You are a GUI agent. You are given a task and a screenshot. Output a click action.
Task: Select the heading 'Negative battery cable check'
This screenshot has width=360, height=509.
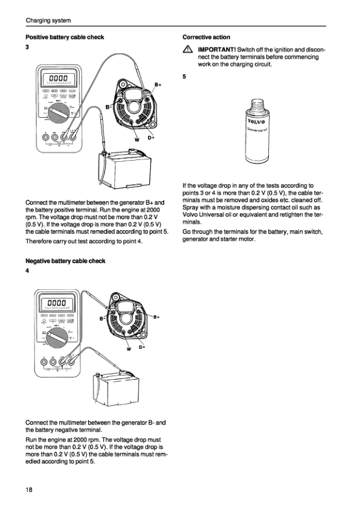coord(65,261)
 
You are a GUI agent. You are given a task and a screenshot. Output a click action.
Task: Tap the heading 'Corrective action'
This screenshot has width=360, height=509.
coord(206,37)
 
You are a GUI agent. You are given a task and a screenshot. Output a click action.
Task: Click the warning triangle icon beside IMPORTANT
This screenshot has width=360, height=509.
coord(188,49)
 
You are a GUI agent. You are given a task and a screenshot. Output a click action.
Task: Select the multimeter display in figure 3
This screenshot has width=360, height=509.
coord(58,78)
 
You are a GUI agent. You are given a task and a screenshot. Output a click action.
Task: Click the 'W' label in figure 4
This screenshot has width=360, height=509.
coord(129,350)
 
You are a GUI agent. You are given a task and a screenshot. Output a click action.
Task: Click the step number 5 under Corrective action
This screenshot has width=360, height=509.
coord(184,77)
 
